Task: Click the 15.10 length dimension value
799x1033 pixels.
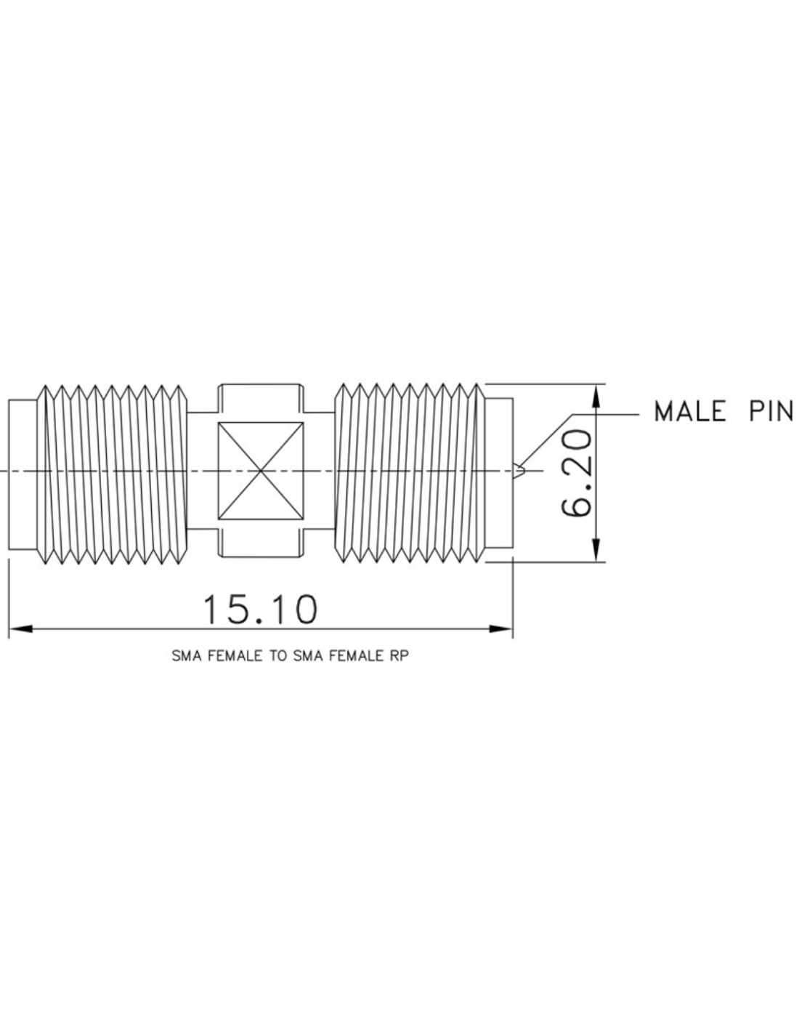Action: (x=259, y=610)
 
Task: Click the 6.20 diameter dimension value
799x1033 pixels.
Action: (x=577, y=472)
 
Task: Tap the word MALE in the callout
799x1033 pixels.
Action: (x=690, y=411)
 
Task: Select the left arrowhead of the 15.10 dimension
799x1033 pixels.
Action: (x=21, y=629)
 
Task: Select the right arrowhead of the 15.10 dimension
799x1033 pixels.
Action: (x=500, y=629)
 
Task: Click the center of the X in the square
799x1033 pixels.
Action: (x=261, y=471)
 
